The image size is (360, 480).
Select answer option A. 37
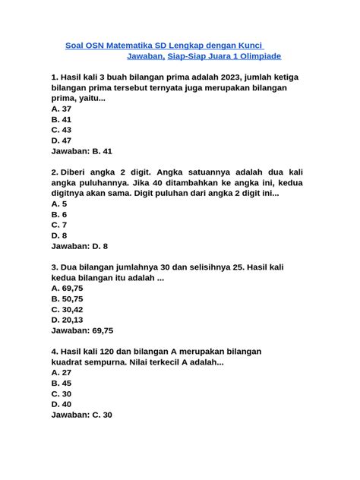tap(62, 109)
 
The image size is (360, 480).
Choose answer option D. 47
tap(62, 141)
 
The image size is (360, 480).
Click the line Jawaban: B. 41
tap(81, 151)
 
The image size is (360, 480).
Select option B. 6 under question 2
tap(58, 215)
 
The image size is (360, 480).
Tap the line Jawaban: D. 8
tap(79, 247)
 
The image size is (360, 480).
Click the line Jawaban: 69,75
tap(82, 331)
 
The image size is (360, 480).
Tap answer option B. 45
tap(62, 384)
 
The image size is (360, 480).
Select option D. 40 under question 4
tap(62, 405)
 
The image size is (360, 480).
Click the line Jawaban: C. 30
tap(81, 415)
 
